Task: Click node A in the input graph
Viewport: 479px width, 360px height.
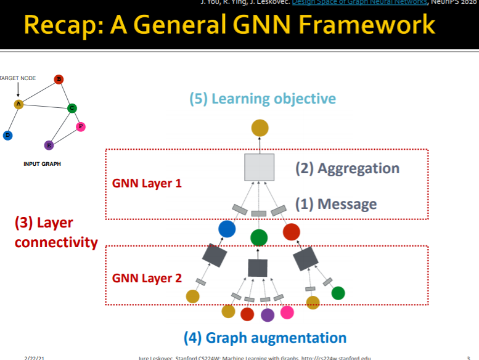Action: pyautogui.click(x=18, y=104)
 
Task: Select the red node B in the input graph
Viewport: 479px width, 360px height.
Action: pyautogui.click(x=59, y=79)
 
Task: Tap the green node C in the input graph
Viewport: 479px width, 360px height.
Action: pyautogui.click(x=72, y=108)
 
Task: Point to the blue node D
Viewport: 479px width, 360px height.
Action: pyautogui.click(x=7, y=134)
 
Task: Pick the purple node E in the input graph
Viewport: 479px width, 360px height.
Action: pyautogui.click(x=49, y=145)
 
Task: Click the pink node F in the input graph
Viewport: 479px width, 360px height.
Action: pyautogui.click(x=80, y=127)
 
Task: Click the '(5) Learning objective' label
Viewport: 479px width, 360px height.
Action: pyautogui.click(x=262, y=99)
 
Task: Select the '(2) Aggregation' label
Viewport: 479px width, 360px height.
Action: pyautogui.click(x=347, y=168)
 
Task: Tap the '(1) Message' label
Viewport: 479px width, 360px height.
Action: pyautogui.click(x=335, y=204)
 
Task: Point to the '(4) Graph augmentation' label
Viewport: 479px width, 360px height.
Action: pyautogui.click(x=265, y=338)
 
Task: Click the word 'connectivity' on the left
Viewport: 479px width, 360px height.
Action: pyautogui.click(x=56, y=242)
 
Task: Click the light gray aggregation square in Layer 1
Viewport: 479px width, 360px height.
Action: pyautogui.click(x=259, y=167)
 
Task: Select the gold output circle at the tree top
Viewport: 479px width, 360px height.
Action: pyautogui.click(x=260, y=128)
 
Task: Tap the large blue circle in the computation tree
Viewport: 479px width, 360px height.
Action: pyautogui.click(x=227, y=229)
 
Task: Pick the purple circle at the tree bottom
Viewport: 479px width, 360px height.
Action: pyautogui.click(x=267, y=314)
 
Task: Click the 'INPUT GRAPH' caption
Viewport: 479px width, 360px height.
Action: pyautogui.click(x=42, y=164)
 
